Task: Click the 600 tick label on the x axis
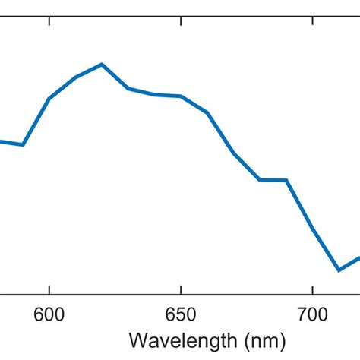coord(49,312)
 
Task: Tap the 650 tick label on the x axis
coord(181,312)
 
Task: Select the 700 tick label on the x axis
coord(312,312)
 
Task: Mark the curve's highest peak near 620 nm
coord(102,64)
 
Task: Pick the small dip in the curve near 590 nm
coord(24,144)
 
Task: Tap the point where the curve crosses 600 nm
coord(49,99)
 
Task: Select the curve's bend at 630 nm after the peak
coord(128,89)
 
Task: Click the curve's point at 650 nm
coord(181,96)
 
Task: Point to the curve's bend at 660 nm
coord(207,112)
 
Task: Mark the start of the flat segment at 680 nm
coord(260,180)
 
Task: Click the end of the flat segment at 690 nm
coord(286,180)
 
